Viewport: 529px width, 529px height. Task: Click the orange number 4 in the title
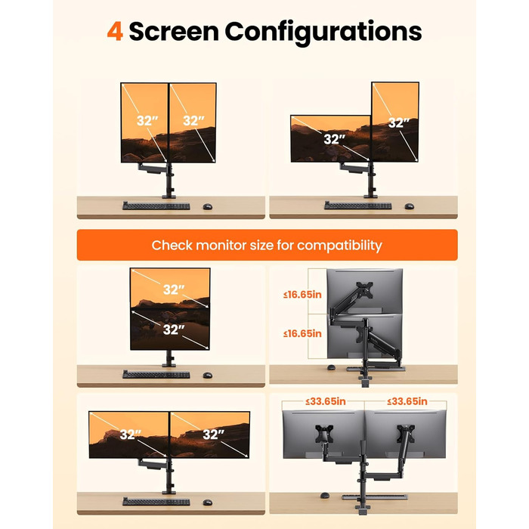click(115, 32)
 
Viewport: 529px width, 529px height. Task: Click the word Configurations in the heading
click(323, 32)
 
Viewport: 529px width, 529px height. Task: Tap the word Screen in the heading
click(174, 32)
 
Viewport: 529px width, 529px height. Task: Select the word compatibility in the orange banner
click(339, 246)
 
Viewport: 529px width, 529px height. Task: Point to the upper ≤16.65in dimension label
click(302, 295)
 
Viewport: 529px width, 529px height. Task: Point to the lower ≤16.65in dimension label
click(302, 334)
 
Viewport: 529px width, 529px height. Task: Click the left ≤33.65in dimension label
click(326, 401)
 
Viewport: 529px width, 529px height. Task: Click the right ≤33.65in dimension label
click(407, 401)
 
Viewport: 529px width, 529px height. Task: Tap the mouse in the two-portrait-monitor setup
click(208, 206)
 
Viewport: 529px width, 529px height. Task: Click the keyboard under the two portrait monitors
click(156, 206)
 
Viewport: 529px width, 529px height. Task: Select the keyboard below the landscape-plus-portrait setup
click(358, 206)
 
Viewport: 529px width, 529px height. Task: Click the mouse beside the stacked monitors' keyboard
click(208, 375)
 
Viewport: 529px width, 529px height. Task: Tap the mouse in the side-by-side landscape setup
click(208, 503)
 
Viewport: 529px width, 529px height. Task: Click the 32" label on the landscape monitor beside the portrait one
click(334, 139)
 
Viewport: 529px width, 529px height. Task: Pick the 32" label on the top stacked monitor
click(174, 289)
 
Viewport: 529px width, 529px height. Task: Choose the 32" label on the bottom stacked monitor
click(174, 329)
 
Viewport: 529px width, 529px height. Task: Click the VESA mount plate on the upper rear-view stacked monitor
click(365, 290)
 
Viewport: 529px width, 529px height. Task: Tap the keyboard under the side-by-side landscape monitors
click(156, 502)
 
